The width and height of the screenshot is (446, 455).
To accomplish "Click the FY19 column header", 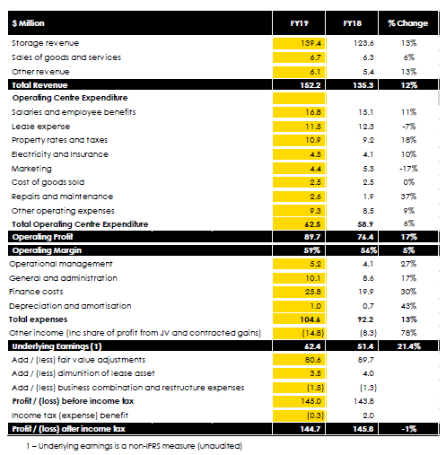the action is [x=299, y=23].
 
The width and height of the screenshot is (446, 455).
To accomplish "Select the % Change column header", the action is [x=408, y=23].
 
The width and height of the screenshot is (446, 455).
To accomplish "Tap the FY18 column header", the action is [x=353, y=23].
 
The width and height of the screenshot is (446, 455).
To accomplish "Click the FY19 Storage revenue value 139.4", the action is [x=311, y=43].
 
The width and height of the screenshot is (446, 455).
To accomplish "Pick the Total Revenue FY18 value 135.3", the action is [x=363, y=85].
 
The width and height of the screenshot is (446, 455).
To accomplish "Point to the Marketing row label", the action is [x=31, y=169].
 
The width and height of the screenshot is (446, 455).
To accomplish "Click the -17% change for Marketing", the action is [x=408, y=169].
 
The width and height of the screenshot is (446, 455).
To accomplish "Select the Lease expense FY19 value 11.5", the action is [x=313, y=127].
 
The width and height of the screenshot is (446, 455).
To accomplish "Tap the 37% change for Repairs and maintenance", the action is [x=408, y=197].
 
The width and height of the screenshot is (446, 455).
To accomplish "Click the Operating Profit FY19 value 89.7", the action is [x=312, y=237].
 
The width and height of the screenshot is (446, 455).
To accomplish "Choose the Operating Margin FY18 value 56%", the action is [x=369, y=250].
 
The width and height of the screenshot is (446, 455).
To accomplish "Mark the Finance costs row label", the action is [x=36, y=292].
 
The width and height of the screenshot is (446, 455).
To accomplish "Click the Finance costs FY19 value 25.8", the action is [x=313, y=292].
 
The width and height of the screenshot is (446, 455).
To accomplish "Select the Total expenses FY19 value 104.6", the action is [x=310, y=319].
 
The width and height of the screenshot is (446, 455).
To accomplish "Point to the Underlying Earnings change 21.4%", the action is [x=409, y=346].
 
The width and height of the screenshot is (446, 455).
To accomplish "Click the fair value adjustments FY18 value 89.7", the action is [x=366, y=360].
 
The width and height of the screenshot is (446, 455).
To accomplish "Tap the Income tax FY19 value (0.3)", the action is [x=316, y=416].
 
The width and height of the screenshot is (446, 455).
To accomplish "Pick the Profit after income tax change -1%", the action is [x=409, y=429].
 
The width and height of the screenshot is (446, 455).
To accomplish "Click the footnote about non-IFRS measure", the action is [x=134, y=446].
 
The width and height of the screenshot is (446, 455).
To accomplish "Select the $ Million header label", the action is [x=28, y=23].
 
